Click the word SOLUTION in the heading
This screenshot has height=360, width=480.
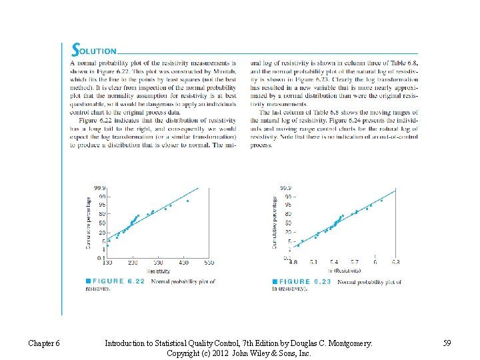[x=95, y=50]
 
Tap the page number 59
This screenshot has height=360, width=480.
[x=447, y=343]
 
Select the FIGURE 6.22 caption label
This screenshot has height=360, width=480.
[x=118, y=281]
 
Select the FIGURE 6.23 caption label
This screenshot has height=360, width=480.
[x=305, y=281]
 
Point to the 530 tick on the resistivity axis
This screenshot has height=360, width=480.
[x=209, y=263]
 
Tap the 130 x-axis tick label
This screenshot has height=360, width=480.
[x=107, y=263]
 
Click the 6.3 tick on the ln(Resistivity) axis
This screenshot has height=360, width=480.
[x=395, y=263]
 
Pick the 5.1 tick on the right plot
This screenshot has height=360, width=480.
[x=313, y=263]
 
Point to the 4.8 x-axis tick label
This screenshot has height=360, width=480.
[x=293, y=263]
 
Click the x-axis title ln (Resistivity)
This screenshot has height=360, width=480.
[x=344, y=271]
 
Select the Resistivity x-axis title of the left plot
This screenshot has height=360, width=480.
[x=158, y=271]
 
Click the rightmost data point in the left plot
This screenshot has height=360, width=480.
[x=187, y=201]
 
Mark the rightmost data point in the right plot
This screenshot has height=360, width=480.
[x=381, y=200]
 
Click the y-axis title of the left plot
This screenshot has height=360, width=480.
[x=88, y=223]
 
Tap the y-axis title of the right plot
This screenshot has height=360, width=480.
[x=275, y=223]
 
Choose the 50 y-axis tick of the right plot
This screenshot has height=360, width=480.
[x=288, y=222]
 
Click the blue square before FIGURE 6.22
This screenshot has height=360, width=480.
[x=88, y=281]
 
